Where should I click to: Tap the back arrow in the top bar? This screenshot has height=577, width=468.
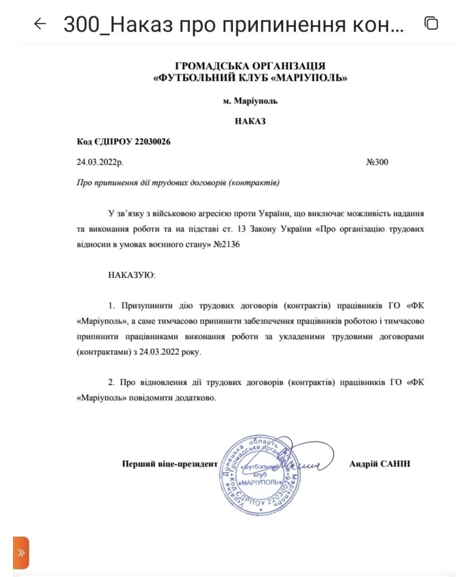click(40, 23)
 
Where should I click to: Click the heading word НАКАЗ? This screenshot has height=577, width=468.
click(250, 121)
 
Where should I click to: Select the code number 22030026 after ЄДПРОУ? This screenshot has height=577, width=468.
click(153, 142)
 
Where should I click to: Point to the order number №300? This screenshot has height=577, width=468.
click(377, 162)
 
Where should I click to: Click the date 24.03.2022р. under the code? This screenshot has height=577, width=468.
click(100, 162)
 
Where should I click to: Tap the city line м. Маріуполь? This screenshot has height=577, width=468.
click(250, 101)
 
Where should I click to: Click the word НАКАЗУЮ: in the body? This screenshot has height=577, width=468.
click(132, 275)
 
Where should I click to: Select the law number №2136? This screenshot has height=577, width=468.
click(227, 244)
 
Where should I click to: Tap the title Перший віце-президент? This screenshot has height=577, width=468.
click(170, 464)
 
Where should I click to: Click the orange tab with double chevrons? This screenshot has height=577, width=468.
click(21, 553)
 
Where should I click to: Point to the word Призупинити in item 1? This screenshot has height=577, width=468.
click(147, 306)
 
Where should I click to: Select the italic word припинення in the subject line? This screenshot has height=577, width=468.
click(114, 182)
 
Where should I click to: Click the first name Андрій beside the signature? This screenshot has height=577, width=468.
click(363, 464)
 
